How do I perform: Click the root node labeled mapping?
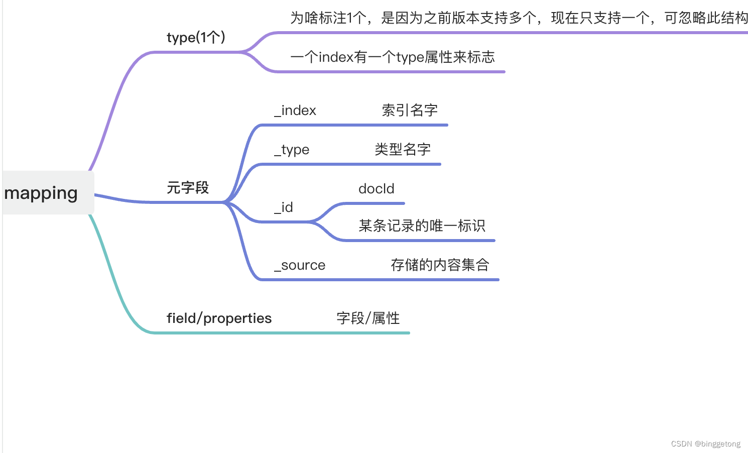pos(41,193)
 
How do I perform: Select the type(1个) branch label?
pos(196,38)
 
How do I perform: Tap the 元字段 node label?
pos(188,188)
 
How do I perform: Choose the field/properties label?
pos(219,318)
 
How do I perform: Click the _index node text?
pos(295,110)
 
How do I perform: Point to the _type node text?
pos(292,150)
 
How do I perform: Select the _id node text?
pos(284,207)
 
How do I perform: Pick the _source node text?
pos(300,265)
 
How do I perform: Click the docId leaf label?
pos(377,189)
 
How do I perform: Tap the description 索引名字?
pos(410,110)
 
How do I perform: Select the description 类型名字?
pos(403,150)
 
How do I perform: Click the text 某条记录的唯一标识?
pos(422,226)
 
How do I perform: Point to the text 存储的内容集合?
pos(440,265)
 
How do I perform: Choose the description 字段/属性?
pos(368,318)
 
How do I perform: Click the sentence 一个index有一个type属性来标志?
pos(393,57)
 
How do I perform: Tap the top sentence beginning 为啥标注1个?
pos(519,18)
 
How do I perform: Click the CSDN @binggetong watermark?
pos(705,444)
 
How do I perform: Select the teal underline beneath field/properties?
pos(281,332)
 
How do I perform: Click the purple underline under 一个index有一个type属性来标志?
pos(392,72)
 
